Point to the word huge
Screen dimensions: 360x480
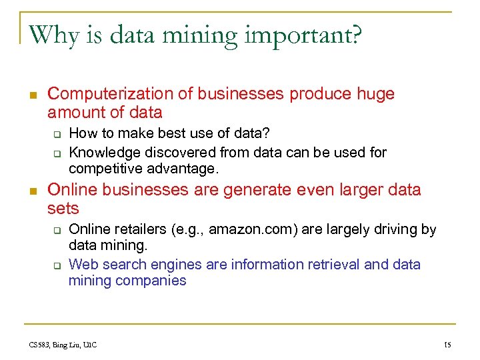(375, 94)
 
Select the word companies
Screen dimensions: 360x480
(151, 281)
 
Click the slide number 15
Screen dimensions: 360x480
(447, 345)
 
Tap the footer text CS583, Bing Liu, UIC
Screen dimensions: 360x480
(63, 345)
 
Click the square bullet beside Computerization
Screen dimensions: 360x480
(33, 95)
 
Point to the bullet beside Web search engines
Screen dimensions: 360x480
(57, 265)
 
